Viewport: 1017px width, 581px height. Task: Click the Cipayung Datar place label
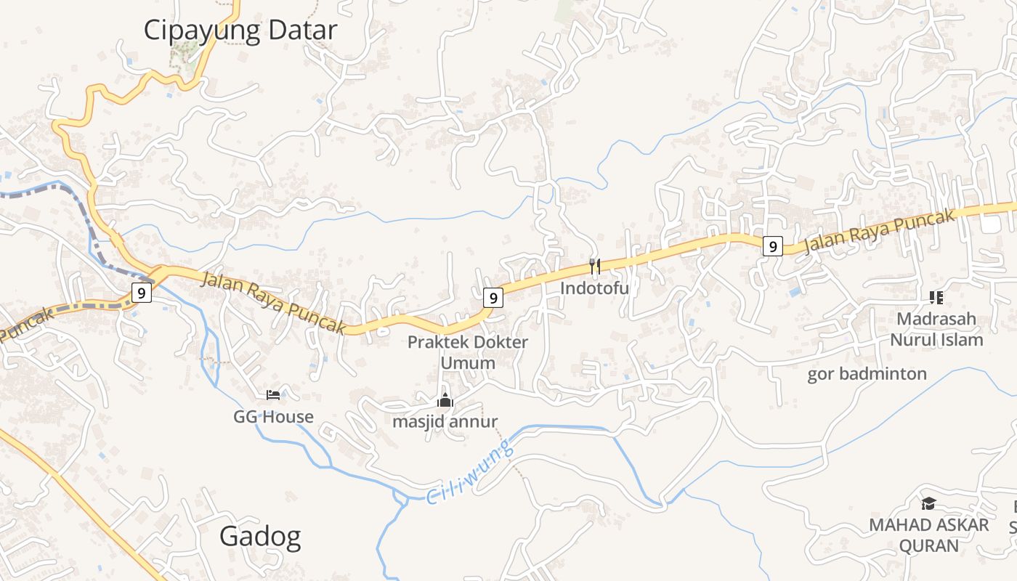(240, 31)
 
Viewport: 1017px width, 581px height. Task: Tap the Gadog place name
(260, 537)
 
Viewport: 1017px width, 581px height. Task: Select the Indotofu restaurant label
(594, 288)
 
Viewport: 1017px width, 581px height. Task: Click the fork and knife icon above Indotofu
(594, 267)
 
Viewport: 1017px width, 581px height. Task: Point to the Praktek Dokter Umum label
(468, 352)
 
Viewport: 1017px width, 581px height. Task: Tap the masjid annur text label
(445, 421)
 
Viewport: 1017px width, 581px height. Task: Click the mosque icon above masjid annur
(445, 400)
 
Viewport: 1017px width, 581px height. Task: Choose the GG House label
(273, 417)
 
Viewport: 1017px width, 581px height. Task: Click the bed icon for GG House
(273, 395)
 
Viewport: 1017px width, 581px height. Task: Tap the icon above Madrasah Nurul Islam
(936, 297)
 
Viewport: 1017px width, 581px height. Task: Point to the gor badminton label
(867, 374)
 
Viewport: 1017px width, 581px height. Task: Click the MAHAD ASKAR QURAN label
(929, 535)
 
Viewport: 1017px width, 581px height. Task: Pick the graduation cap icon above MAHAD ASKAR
(928, 503)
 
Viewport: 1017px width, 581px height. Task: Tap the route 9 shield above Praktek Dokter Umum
(493, 297)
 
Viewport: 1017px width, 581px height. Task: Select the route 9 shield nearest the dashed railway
(141, 293)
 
